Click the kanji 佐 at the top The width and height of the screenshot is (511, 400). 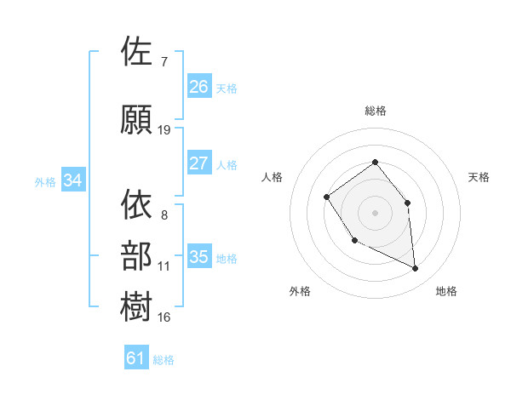[x=137, y=52]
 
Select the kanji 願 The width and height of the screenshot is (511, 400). [x=137, y=120]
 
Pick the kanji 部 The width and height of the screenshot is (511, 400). [x=137, y=256]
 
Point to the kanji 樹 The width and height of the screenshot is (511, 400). [x=137, y=307]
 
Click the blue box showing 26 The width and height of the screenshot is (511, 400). [x=199, y=86]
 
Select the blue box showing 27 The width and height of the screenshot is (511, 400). [x=199, y=163]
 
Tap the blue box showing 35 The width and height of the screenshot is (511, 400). [x=199, y=257]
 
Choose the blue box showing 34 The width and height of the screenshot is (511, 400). [x=73, y=180]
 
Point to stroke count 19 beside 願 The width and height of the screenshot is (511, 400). [x=164, y=130]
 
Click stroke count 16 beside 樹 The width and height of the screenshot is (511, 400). [x=164, y=317]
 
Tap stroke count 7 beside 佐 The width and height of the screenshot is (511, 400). [x=164, y=62]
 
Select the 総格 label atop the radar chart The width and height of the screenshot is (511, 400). [x=376, y=111]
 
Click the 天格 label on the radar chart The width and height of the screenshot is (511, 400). [x=479, y=177]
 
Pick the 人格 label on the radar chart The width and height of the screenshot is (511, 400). [x=273, y=177]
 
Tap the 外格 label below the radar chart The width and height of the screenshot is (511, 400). [x=300, y=291]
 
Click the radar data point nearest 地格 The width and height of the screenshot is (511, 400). [x=416, y=269]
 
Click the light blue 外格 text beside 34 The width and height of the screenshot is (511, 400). [x=45, y=181]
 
